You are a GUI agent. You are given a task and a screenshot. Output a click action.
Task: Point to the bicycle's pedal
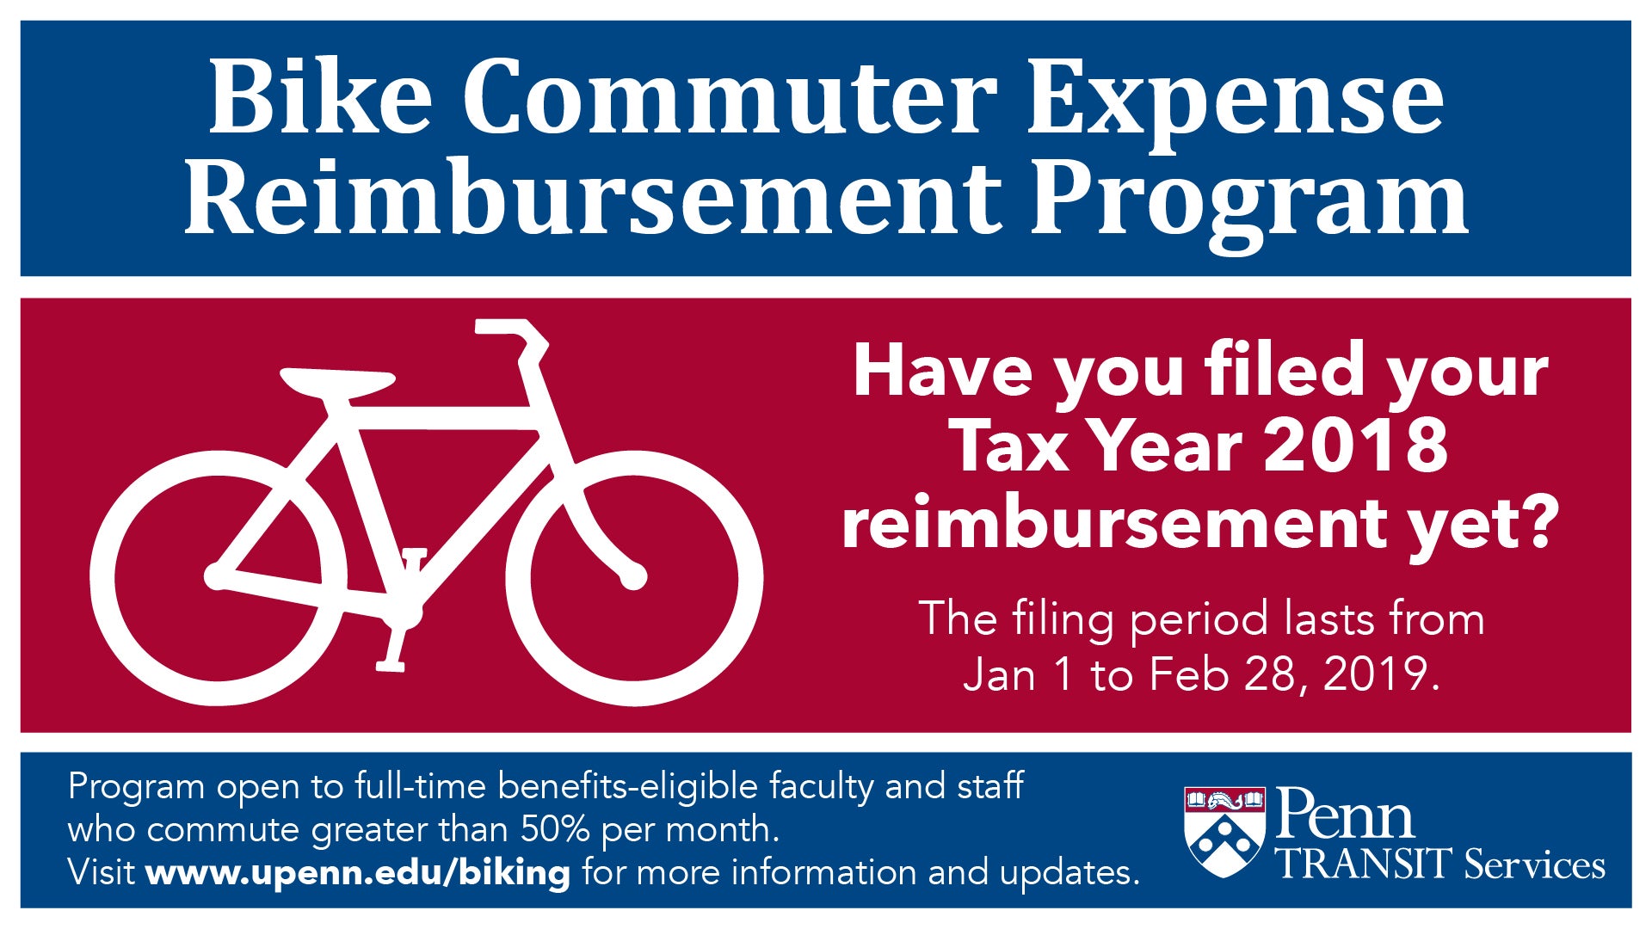pos(391,664)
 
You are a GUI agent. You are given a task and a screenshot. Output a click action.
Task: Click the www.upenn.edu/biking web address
pos(358,873)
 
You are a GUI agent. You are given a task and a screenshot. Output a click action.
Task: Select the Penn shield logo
pos(1224,832)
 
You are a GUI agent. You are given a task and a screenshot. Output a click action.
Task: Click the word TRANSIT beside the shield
pos(1365,864)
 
